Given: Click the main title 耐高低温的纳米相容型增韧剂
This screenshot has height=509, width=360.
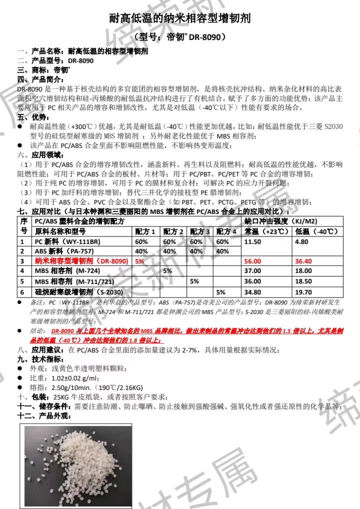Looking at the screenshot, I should [179, 19].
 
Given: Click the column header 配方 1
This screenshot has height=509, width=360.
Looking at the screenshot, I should [145, 231].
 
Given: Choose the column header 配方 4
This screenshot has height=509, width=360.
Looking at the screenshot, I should [226, 231].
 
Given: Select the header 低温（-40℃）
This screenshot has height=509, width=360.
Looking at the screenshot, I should [317, 231].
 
